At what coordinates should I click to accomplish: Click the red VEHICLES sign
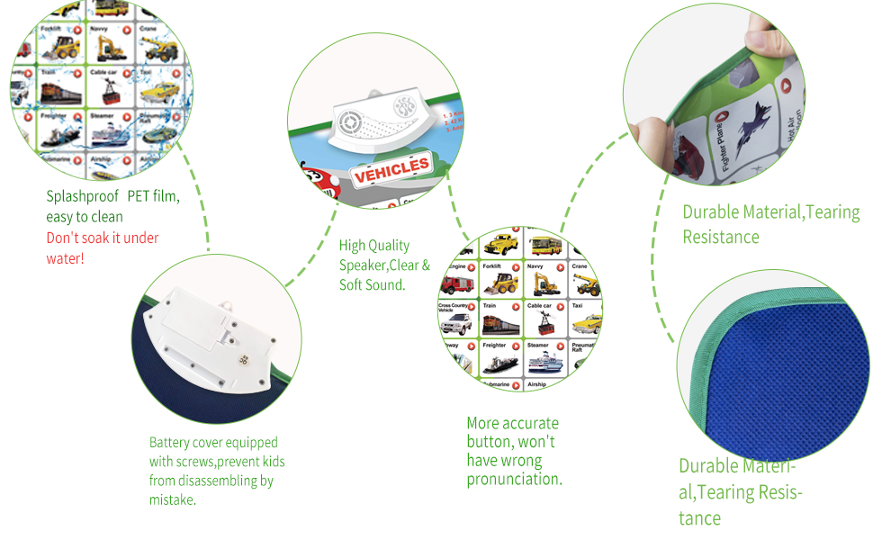tap(391, 168)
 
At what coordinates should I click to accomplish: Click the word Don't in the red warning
tap(62, 238)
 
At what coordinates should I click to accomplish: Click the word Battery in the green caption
tap(168, 442)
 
